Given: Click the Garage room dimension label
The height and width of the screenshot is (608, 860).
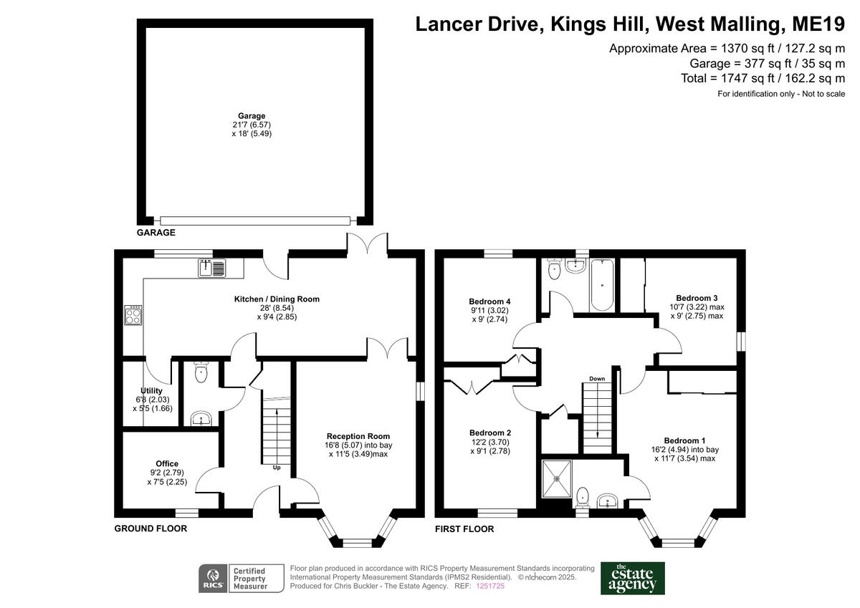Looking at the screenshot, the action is tap(252, 125).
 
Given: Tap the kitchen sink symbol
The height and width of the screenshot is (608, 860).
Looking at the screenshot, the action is tap(212, 268).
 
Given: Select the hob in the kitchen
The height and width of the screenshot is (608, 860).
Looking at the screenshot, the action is tap(133, 315).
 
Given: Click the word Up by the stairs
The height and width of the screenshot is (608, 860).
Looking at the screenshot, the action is tap(277, 468).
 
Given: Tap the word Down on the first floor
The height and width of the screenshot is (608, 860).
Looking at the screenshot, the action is tap(597, 379).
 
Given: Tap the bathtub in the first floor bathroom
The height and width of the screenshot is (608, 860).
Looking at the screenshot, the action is tap(601, 284).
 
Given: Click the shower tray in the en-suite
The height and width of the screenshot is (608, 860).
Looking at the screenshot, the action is tap(556, 479).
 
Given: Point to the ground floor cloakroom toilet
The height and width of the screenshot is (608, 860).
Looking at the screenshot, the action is tap(201, 372).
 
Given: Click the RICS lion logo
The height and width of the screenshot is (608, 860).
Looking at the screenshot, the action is tap(213, 579).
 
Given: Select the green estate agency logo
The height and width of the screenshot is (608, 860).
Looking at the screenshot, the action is tap(632, 579).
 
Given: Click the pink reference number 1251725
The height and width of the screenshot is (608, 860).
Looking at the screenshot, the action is tap(490, 586).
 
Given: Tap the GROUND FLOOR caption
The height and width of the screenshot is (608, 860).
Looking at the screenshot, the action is tap(150, 529).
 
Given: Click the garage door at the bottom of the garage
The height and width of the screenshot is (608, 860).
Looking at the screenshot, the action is tap(255, 221).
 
